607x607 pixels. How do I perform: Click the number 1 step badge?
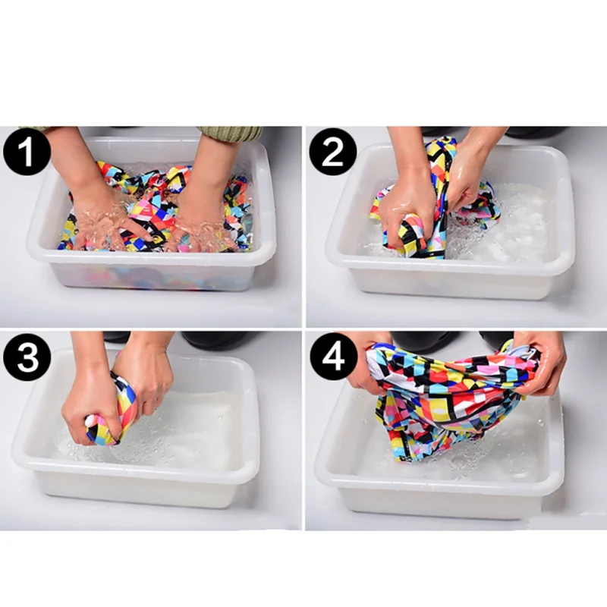(x=27, y=153)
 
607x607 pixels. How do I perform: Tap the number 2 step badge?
(x=332, y=153)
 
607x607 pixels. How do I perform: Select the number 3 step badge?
(x=27, y=357)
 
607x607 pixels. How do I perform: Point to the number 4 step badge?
(x=333, y=356)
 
